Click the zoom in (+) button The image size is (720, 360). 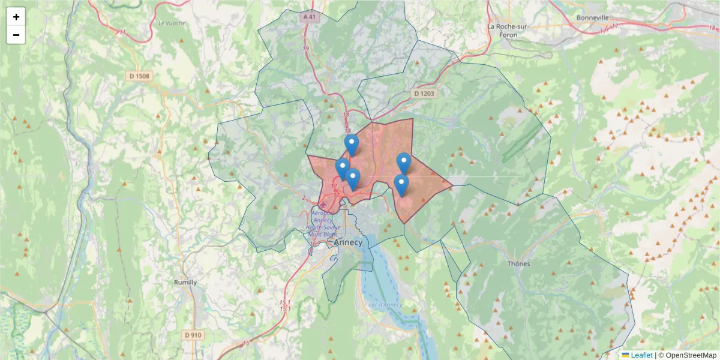16,17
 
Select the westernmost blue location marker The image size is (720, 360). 343,169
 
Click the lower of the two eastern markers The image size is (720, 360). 401,184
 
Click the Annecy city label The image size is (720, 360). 348,242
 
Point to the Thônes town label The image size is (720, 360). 520,264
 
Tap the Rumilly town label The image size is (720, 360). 185,282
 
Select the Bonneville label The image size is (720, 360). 592,18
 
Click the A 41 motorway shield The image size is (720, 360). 310,17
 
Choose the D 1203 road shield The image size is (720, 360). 424,94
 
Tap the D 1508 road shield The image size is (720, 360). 139,76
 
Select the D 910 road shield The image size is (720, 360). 193,335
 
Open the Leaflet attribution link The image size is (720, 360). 641,355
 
